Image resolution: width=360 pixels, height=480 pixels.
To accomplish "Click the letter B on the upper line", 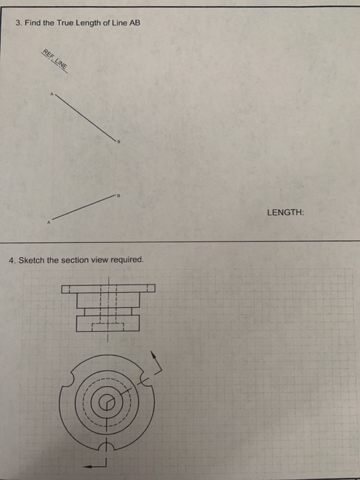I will pyautogui.click(x=119, y=140).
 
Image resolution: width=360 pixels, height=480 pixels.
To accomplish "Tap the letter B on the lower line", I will pyautogui.click(x=118, y=195).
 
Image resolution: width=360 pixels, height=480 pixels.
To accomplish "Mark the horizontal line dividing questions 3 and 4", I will pyautogui.click(x=180, y=241).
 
